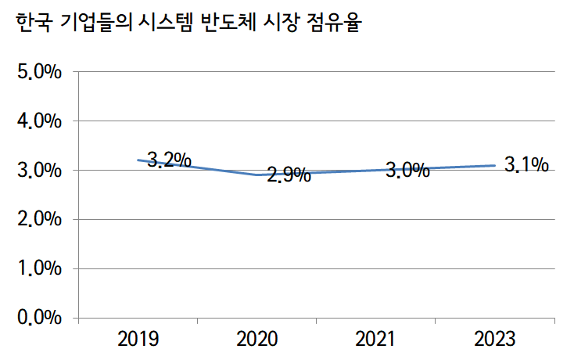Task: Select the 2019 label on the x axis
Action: pos(138,339)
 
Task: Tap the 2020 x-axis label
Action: pos(257,339)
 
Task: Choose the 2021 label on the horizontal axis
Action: pos(376,339)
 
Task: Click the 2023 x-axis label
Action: pos(495,339)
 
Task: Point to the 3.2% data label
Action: pos(169,160)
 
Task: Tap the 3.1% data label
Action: pos(526,165)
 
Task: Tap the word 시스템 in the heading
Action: pos(165,23)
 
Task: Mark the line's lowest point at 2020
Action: pos(257,175)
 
